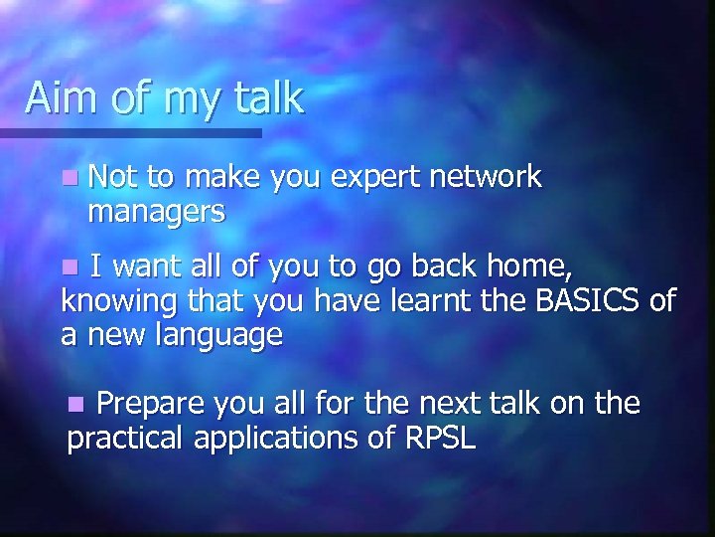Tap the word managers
point(156,212)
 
